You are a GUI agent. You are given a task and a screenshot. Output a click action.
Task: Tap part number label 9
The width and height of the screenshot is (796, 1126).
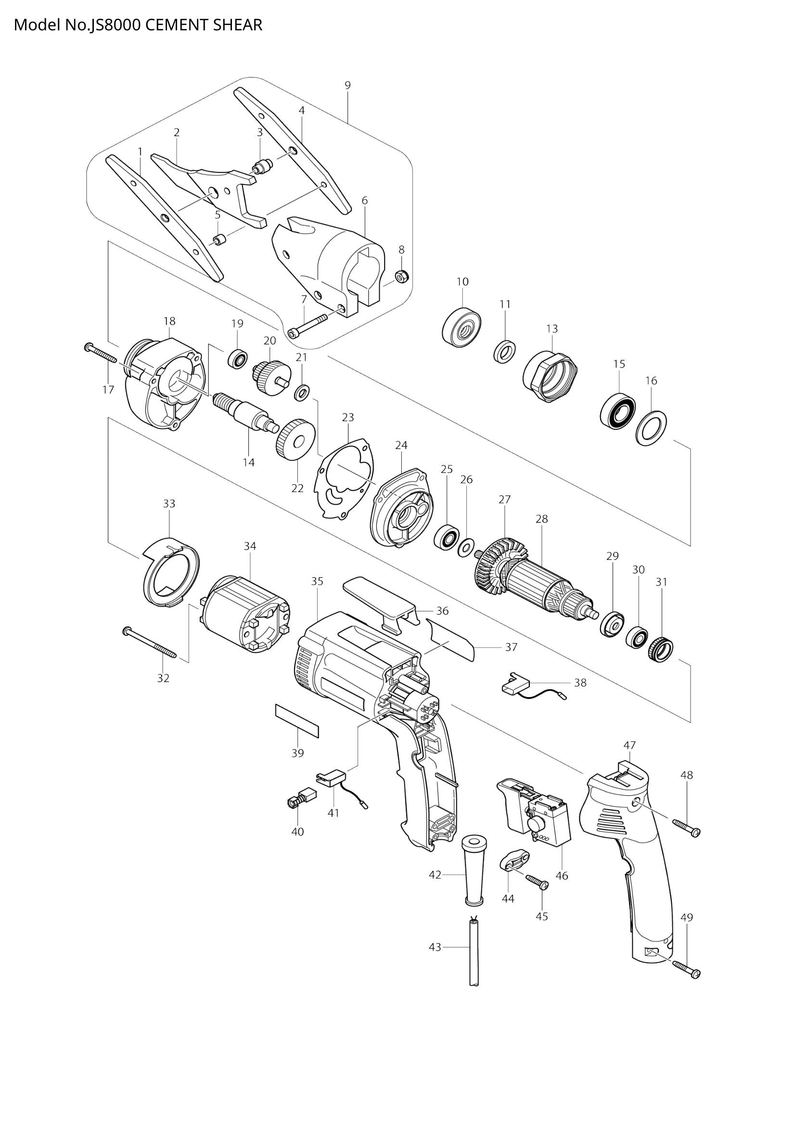point(347,85)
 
